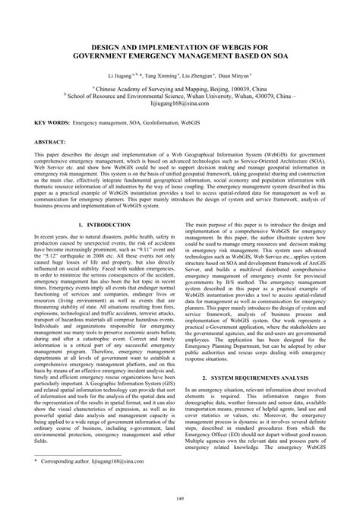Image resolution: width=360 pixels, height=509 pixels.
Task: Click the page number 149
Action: click(x=180, y=498)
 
